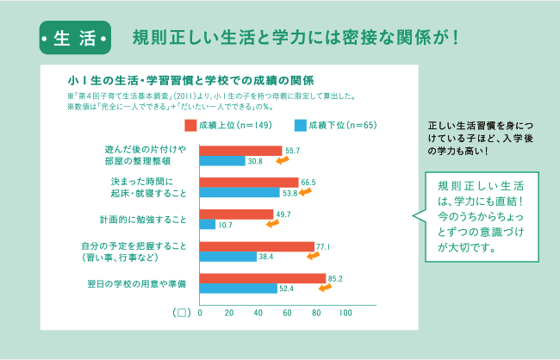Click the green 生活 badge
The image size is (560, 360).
pyautogui.click(x=74, y=40)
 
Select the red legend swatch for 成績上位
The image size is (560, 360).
pyautogui.click(x=190, y=126)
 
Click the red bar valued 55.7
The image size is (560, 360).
pyautogui.click(x=240, y=151)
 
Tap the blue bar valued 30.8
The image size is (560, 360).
pyautogui.click(x=222, y=161)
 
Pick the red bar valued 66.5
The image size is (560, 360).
pyautogui.click(x=248, y=183)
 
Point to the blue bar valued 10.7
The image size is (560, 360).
pyautogui.click(x=208, y=225)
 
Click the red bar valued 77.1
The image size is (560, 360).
pyautogui.click(x=256, y=246)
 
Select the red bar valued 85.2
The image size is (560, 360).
pyautogui.click(x=262, y=278)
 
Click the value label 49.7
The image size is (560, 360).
pyautogui.click(x=283, y=214)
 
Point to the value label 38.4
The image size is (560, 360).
pyautogui.click(x=265, y=257)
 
